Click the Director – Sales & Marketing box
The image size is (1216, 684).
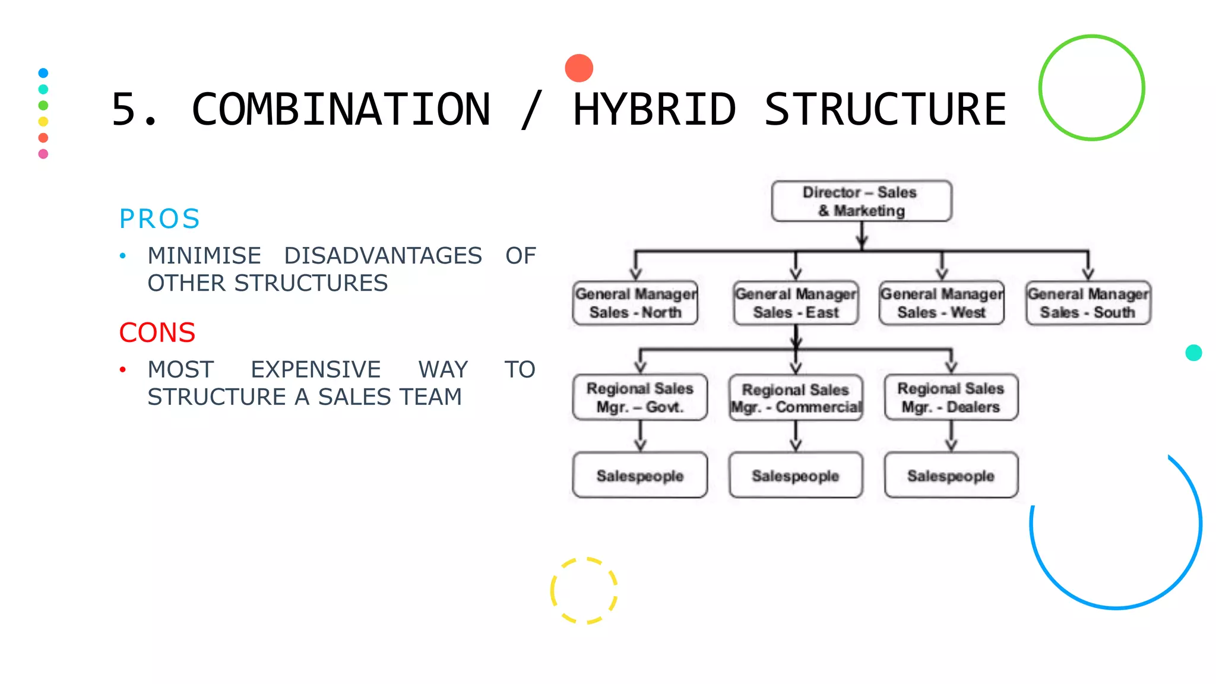[x=861, y=201]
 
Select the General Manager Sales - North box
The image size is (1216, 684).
[x=635, y=303]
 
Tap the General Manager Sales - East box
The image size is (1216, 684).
[x=796, y=303]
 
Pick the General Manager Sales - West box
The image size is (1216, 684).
[x=942, y=303]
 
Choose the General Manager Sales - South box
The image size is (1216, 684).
[x=1088, y=303]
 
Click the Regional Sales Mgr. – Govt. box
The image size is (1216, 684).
[x=640, y=397]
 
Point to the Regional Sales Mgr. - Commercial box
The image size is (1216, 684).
[x=796, y=398]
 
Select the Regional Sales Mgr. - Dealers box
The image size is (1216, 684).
[x=951, y=397]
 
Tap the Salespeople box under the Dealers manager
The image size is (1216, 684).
[x=951, y=475]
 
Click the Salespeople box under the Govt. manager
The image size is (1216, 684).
[x=640, y=475]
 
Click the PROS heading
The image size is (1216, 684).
[x=159, y=218]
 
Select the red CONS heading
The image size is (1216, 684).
[x=157, y=332]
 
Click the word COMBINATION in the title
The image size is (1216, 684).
[x=341, y=110]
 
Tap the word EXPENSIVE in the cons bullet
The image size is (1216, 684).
[x=315, y=369]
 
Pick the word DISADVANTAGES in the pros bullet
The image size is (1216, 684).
[x=383, y=256]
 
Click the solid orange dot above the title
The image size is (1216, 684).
[x=579, y=68]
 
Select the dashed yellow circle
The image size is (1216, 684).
[x=584, y=590]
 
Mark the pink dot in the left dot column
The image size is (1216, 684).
[x=43, y=154]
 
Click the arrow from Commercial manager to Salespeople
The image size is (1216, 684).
[x=796, y=436]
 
